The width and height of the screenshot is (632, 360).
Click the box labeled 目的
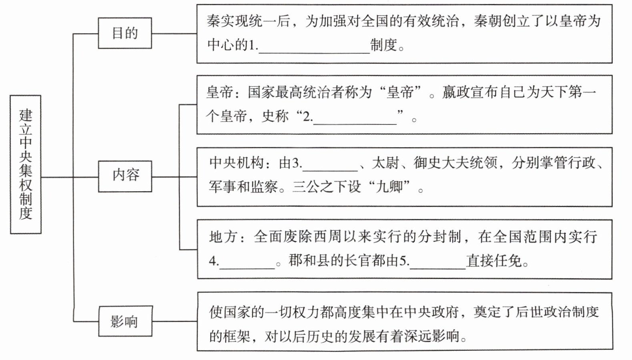click(x=125, y=33)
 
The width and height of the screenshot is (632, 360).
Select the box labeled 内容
click(x=125, y=176)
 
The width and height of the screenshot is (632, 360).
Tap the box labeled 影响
click(x=125, y=321)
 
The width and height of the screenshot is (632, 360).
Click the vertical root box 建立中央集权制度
click(x=26, y=164)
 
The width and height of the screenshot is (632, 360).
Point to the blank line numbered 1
click(x=314, y=47)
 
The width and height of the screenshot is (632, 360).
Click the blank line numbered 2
click(x=355, y=119)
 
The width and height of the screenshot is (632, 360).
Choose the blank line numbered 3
click(x=330, y=165)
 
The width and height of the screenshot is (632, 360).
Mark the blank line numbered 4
click(x=247, y=263)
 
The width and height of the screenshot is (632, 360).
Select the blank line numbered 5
click(x=438, y=263)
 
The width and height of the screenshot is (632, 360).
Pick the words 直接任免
click(x=494, y=261)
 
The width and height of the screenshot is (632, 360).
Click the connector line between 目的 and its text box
click(x=174, y=34)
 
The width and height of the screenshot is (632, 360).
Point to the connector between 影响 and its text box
click(x=175, y=321)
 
